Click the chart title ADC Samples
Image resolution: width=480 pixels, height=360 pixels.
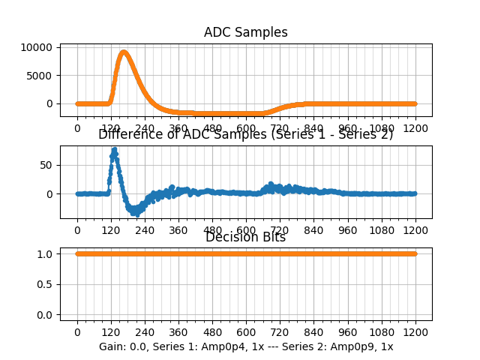click(245, 32)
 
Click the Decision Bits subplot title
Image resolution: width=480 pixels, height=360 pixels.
click(245, 238)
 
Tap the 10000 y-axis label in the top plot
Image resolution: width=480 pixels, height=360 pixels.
click(37, 47)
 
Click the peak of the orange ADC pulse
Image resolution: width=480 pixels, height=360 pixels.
click(124, 52)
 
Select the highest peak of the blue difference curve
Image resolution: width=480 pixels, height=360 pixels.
click(114, 149)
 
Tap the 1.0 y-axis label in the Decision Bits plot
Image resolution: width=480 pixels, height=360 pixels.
click(44, 253)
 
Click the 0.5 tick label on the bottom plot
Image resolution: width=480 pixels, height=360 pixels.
click(44, 284)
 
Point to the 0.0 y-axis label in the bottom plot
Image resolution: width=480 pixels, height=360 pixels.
click(44, 314)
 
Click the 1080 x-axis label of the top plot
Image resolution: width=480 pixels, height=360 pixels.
click(382, 128)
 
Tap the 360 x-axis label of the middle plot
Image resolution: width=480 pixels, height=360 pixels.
click(178, 230)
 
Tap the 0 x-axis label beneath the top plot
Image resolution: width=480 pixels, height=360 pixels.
click(76, 128)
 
